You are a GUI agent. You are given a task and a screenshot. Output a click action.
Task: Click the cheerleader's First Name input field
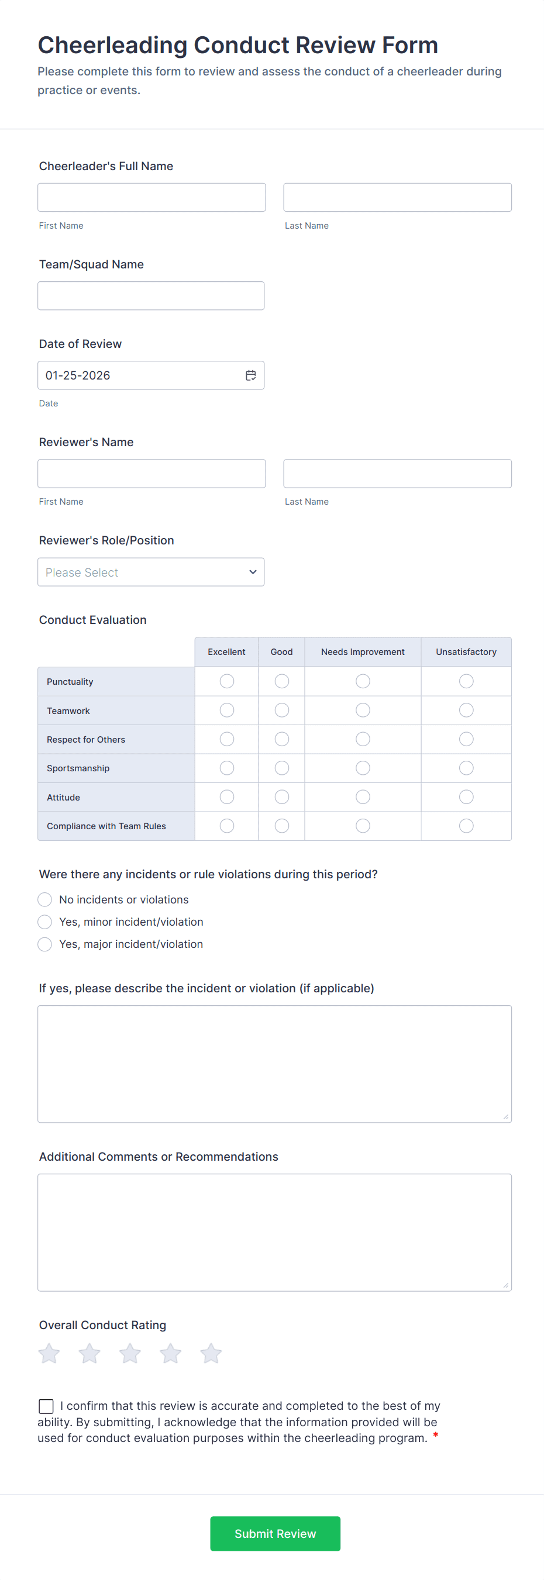152,198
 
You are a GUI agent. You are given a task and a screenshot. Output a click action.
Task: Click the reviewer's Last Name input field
397,474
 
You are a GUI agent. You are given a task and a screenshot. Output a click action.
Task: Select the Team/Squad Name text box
151,296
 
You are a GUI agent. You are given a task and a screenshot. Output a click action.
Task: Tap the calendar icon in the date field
251,375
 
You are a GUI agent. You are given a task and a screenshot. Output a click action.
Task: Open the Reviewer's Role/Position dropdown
151,572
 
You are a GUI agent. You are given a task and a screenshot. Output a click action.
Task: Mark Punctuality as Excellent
227,681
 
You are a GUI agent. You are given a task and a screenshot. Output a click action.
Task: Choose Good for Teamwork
281,710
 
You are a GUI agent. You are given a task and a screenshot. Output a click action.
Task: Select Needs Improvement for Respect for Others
363,739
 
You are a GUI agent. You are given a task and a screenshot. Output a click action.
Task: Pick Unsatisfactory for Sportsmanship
466,768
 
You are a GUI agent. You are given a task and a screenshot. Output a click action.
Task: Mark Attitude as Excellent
227,797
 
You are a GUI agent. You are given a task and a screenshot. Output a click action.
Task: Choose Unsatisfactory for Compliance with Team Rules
466,826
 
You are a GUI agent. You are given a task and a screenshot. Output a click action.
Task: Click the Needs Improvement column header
363,651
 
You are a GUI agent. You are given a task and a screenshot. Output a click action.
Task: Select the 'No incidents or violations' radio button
45,899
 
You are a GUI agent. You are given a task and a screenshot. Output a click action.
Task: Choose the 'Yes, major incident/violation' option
45,944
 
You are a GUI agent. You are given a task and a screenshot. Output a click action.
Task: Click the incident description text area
274,1064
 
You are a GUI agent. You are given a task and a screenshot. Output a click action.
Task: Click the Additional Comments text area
274,1232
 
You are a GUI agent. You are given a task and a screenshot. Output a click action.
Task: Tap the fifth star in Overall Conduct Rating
211,1353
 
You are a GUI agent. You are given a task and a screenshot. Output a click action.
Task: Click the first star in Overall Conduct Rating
49,1353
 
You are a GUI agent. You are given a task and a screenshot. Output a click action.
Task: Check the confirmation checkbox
46,1406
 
